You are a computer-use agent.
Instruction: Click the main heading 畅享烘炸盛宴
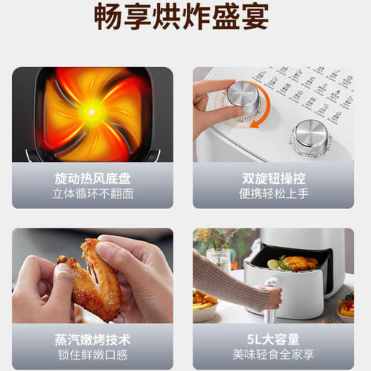pyautogui.click(x=185, y=19)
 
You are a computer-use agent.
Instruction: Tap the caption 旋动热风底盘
pyautogui.click(x=93, y=178)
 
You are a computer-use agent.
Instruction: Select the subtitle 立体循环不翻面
pyautogui.click(x=93, y=194)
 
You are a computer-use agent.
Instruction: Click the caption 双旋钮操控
pyautogui.click(x=274, y=178)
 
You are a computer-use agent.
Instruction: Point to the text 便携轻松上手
pyautogui.click(x=274, y=194)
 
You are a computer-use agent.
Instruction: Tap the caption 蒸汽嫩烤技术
pyautogui.click(x=93, y=339)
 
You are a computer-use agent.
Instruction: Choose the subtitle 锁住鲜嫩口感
pyautogui.click(x=93, y=355)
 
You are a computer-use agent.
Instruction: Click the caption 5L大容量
pyautogui.click(x=274, y=339)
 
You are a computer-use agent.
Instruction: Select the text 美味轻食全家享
pyautogui.click(x=274, y=355)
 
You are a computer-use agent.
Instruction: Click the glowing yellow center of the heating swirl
pyautogui.click(x=91, y=110)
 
